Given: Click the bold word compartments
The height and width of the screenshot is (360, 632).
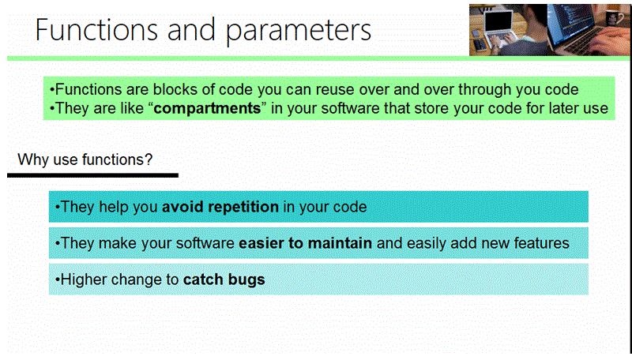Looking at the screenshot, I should pos(207,108).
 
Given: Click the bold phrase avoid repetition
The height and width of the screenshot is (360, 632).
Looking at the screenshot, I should pos(220,208).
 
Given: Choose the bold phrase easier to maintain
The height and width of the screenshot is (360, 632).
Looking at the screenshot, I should pos(305,243).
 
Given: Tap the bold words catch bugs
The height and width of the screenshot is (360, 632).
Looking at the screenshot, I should pos(224,279).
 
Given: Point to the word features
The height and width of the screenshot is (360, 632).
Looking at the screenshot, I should pos(541,243).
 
